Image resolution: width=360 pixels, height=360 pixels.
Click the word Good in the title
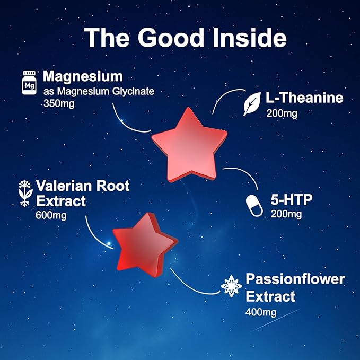(x=171, y=38)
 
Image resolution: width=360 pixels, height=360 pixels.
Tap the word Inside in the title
(x=250, y=38)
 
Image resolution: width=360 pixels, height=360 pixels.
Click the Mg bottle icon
(x=29, y=83)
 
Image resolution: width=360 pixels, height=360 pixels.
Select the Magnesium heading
(x=83, y=76)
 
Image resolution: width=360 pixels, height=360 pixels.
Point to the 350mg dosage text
(x=59, y=103)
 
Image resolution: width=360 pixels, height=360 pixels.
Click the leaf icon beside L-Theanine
(x=252, y=104)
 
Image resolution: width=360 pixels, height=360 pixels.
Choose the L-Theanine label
(x=304, y=98)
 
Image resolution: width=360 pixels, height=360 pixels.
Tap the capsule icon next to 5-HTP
(x=254, y=206)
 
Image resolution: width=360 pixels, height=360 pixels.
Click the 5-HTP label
(x=292, y=199)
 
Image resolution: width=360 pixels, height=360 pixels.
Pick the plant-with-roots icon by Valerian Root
(x=25, y=194)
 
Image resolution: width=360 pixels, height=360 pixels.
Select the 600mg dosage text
(x=51, y=216)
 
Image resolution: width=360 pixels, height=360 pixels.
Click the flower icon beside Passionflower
(x=231, y=286)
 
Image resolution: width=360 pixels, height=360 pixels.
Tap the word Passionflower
(x=295, y=279)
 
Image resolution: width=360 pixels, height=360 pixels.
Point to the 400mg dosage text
(x=261, y=312)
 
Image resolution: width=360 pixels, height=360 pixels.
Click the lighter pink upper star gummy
(x=189, y=145)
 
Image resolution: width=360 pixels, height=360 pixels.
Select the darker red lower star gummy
(x=145, y=245)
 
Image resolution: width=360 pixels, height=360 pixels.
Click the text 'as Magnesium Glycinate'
(x=99, y=91)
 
